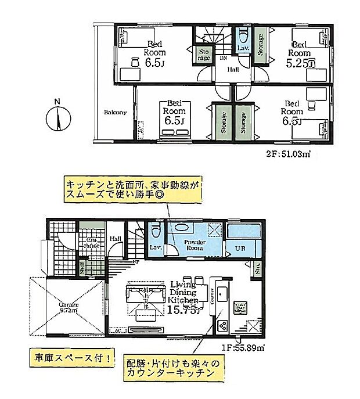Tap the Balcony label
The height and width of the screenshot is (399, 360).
click(116, 112)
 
